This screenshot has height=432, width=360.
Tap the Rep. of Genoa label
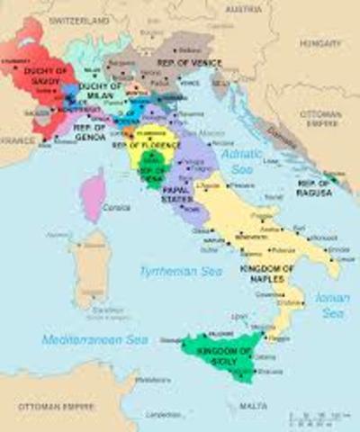coord(91,133)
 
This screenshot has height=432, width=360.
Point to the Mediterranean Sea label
coord(94,339)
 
